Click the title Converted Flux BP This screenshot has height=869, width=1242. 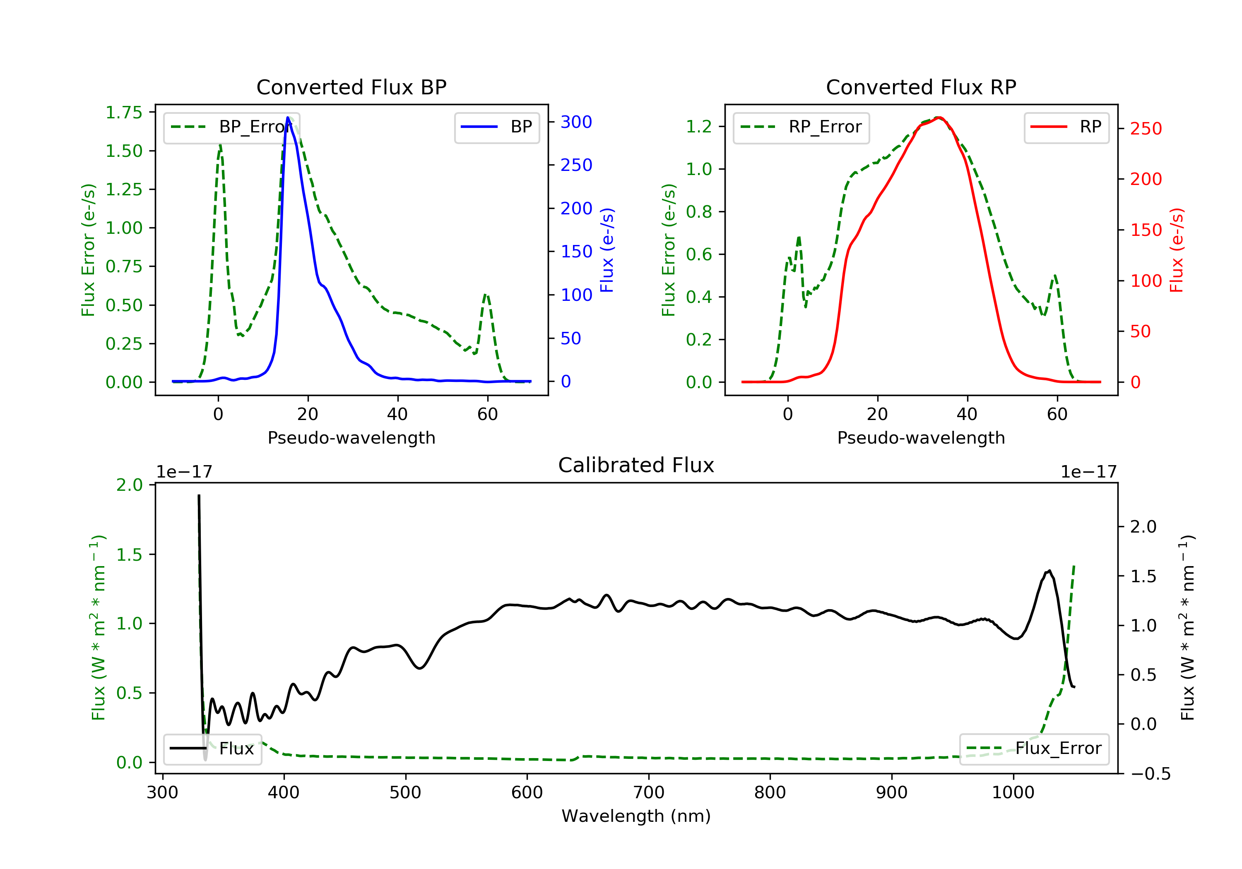coord(351,87)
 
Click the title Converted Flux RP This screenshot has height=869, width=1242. coord(921,87)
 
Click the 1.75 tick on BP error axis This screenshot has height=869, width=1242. coord(124,113)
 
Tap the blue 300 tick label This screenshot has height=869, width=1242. coord(576,122)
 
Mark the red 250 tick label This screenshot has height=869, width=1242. coord(1146,129)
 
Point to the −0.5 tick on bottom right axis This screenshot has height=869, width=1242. coord(1150,774)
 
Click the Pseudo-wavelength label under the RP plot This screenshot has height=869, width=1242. coord(921,437)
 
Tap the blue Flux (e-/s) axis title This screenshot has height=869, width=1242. coord(607,250)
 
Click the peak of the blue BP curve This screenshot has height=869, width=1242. coord(288,118)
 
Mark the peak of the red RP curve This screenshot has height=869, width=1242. coord(939,118)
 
